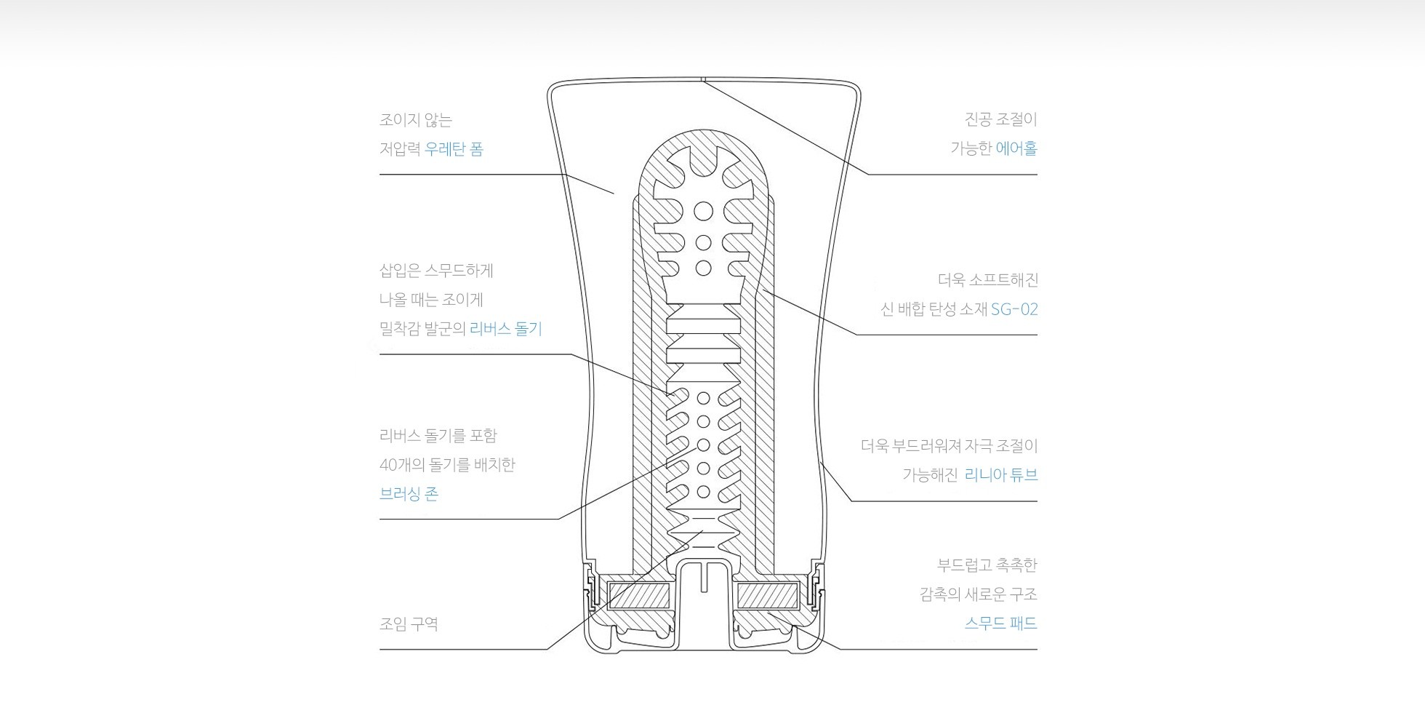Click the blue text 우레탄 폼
pos(454,149)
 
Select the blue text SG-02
pos(1014,309)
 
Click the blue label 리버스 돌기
pos(506,329)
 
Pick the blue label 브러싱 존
pos(409,494)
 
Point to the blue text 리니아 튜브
pos(1001,475)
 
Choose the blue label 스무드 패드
pos(1000,624)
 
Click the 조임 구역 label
pos(409,624)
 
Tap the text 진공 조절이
pos(1000,119)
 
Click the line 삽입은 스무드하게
pos(436,271)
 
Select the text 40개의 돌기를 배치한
pos(447,465)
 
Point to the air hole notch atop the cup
pos(704,78)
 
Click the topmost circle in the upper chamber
pos(703,212)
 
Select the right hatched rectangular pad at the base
pos(768,597)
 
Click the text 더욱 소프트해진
pos(987,279)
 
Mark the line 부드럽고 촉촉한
pos(987,565)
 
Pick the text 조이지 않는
pos(415,120)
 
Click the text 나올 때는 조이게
pos(431,300)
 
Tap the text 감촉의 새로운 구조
pos(978,594)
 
